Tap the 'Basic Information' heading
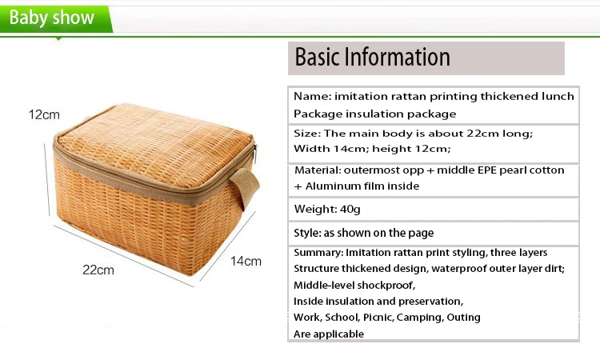pyautogui.click(x=372, y=57)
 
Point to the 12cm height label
pyautogui.click(x=44, y=114)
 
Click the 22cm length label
pyautogui.click(x=98, y=270)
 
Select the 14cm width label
pyautogui.click(x=246, y=262)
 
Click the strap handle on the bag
pyautogui.click(x=245, y=186)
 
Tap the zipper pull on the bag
pyautogui.click(x=255, y=152)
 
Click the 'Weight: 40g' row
pyautogui.click(x=433, y=209)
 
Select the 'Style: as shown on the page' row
pyautogui.click(x=433, y=233)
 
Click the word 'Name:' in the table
pyautogui.click(x=313, y=96)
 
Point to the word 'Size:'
pyautogui.click(x=307, y=133)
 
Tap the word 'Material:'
pyautogui.click(x=318, y=170)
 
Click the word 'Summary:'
pyautogui.click(x=318, y=253)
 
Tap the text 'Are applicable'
pyautogui.click(x=329, y=334)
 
